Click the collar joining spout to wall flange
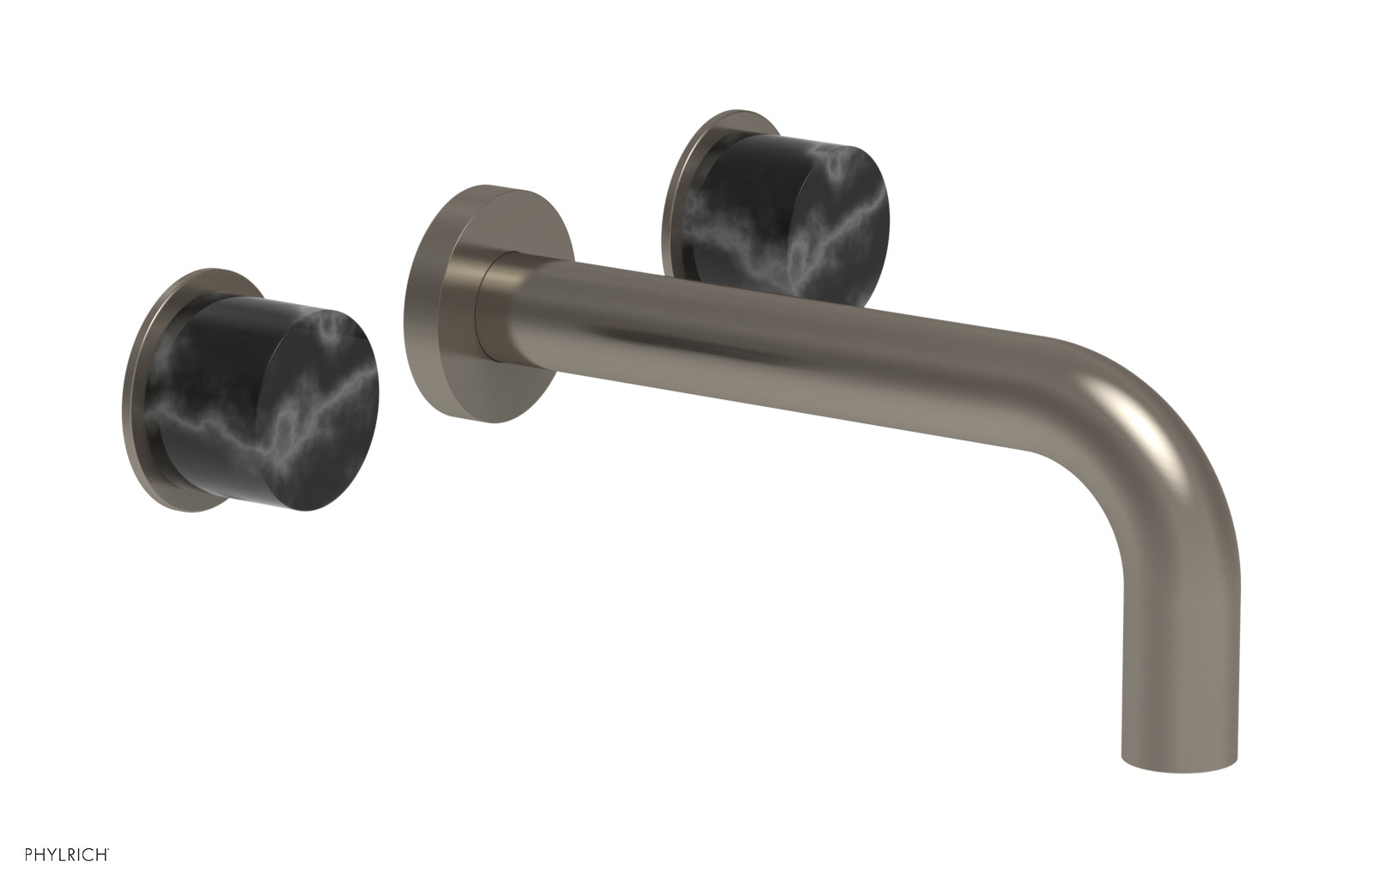pos(496,300)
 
